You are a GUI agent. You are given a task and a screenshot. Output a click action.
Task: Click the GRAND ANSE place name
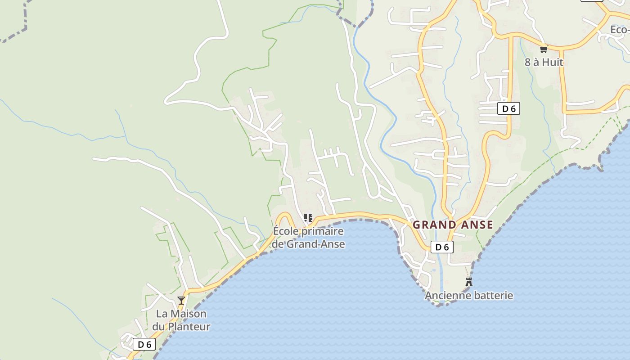point(453,225)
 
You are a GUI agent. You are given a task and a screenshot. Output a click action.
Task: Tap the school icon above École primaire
point(308,218)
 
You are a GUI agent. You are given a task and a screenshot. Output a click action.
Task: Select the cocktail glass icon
point(181,300)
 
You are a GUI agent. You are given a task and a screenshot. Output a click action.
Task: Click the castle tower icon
point(469,282)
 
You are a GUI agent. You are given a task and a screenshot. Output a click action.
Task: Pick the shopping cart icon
point(544,49)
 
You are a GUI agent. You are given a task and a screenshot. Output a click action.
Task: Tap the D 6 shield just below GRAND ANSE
point(442,247)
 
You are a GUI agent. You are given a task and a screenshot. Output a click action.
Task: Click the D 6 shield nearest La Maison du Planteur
point(144,345)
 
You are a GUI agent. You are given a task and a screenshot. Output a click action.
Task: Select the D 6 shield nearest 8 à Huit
point(508,108)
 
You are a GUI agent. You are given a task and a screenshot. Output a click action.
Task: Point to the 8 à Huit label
point(544,62)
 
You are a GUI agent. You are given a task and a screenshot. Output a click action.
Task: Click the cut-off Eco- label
point(620,30)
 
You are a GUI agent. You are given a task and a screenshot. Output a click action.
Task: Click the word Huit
point(553,62)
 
